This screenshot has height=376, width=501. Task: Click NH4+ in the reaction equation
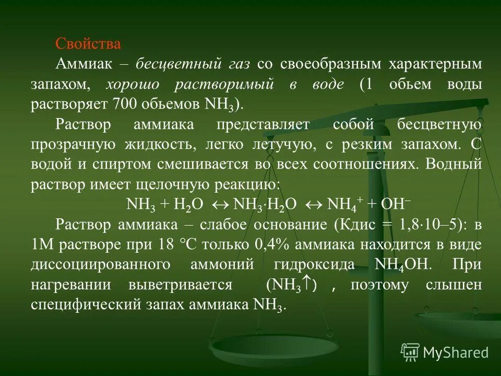[x=341, y=204]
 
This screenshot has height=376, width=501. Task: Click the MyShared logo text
[x=455, y=352]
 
